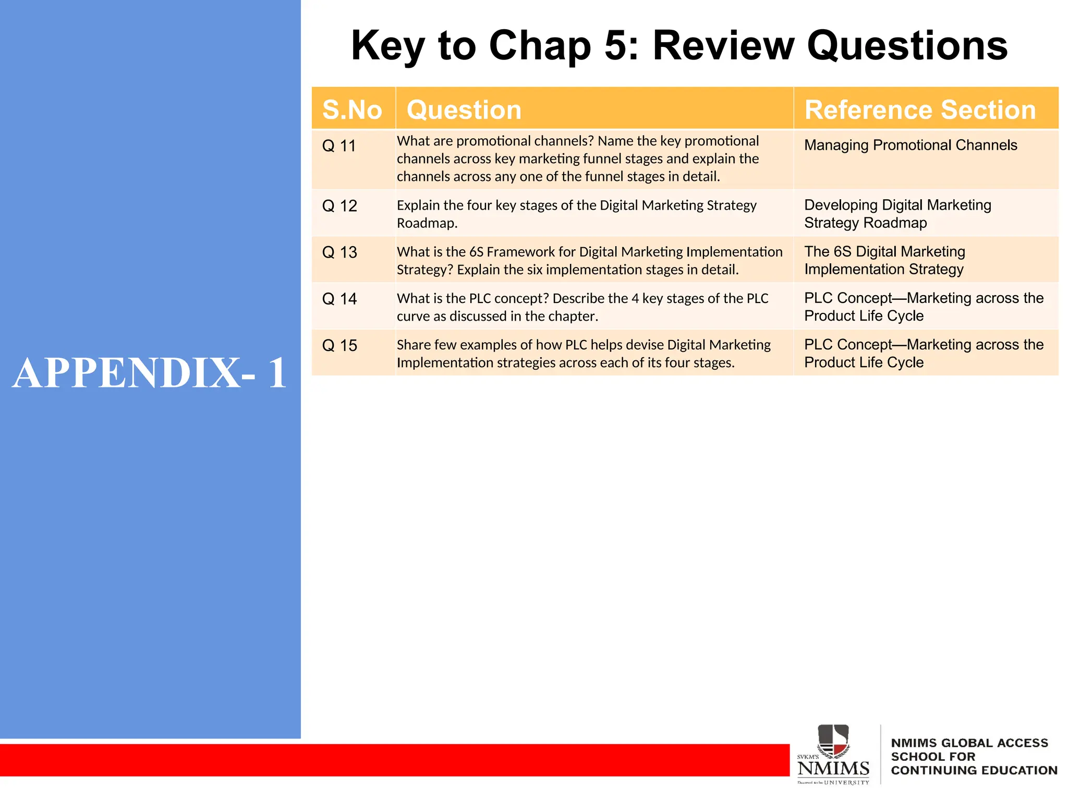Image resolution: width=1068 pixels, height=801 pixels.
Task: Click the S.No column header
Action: click(x=352, y=110)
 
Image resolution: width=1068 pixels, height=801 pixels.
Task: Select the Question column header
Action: click(x=464, y=110)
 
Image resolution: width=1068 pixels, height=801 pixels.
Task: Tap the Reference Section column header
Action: click(x=920, y=110)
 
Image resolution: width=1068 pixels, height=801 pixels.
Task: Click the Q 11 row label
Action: click(x=339, y=146)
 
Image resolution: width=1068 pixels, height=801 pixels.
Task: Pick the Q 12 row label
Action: click(x=339, y=206)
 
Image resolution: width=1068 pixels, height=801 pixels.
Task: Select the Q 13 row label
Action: click(x=339, y=252)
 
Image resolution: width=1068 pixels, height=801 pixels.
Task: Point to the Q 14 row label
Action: click(x=339, y=299)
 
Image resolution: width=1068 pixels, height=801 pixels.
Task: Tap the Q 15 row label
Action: click(x=339, y=346)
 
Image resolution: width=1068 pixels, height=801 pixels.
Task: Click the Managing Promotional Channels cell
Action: click(x=911, y=145)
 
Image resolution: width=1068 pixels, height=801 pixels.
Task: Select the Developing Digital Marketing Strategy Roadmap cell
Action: click(x=897, y=214)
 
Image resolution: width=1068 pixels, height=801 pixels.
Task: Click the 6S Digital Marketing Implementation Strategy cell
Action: click(x=884, y=260)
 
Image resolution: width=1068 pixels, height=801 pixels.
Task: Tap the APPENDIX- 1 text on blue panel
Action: click(x=150, y=373)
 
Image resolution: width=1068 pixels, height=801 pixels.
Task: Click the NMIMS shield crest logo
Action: click(x=833, y=741)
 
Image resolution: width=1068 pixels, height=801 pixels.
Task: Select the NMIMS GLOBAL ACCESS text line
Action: click(x=969, y=743)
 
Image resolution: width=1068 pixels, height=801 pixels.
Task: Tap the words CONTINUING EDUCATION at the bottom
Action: click(x=974, y=770)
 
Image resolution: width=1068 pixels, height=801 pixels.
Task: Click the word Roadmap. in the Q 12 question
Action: click(x=427, y=223)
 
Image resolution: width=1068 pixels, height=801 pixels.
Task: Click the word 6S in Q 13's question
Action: click(x=476, y=252)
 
